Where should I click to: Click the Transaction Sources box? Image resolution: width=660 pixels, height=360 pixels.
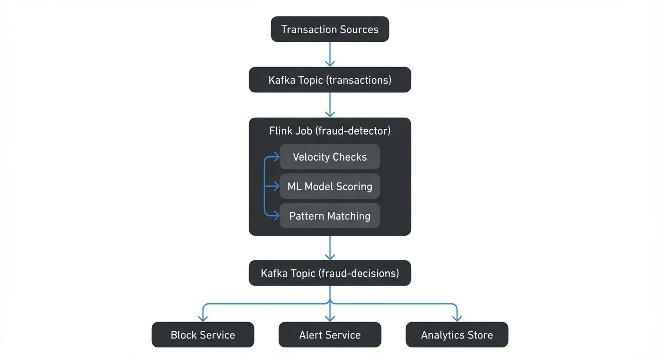[x=330, y=29]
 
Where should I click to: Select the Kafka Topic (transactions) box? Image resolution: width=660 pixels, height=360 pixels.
[x=330, y=80]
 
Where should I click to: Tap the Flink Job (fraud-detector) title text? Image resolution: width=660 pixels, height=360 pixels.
[x=330, y=131]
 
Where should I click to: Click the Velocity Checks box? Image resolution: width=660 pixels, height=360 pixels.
[x=330, y=157]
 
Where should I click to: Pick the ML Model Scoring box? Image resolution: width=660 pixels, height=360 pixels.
[x=330, y=187]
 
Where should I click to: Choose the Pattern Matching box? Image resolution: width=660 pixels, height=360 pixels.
[x=330, y=216]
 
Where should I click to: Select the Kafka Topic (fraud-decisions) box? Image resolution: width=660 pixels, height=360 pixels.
[x=330, y=273]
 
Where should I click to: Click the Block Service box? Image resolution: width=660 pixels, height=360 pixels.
[x=202, y=335]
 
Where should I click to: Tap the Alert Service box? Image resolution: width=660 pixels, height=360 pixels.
[x=330, y=335]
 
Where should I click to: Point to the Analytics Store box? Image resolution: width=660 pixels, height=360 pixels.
[x=457, y=335]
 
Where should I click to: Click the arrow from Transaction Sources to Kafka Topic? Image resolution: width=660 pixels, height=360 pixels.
[x=330, y=54]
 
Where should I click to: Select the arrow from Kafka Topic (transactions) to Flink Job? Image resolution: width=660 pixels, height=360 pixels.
[x=330, y=105]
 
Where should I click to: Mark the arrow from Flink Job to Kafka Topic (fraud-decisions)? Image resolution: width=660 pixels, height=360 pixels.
[x=330, y=247]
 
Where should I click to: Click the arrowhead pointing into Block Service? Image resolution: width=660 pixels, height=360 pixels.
[x=202, y=318]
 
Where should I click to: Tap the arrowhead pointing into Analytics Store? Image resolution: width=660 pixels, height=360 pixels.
[x=457, y=318]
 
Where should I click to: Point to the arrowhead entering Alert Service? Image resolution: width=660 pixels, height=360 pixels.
[x=330, y=318]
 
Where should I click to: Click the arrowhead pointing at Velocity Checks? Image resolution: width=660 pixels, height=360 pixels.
[x=276, y=157]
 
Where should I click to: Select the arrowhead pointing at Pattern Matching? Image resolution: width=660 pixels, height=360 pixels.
[x=276, y=216]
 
